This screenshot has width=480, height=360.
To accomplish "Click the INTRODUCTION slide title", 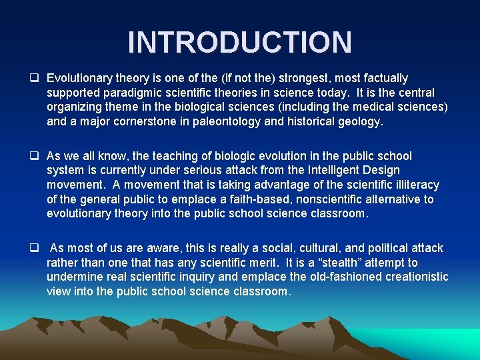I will coord(239,42).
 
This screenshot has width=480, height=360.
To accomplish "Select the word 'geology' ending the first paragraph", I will coord(360,121).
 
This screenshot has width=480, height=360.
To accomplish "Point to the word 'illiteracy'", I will coord(415,185).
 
